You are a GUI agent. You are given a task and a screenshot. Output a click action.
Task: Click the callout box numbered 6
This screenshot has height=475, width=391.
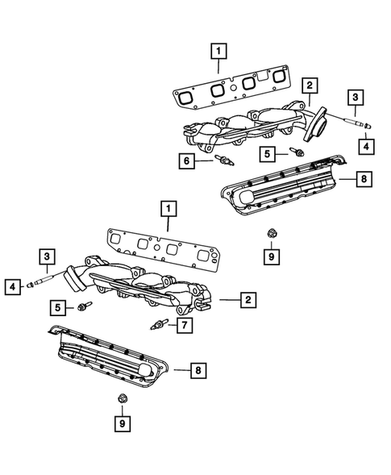pyautogui.click(x=186, y=162)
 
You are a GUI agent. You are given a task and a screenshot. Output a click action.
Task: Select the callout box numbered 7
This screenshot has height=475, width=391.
pyautogui.click(x=185, y=327)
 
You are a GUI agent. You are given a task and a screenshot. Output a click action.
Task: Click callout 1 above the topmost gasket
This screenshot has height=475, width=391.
pyautogui.click(x=216, y=52)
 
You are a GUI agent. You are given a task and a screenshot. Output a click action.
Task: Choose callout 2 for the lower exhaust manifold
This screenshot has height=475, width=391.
pyautogui.click(x=247, y=300)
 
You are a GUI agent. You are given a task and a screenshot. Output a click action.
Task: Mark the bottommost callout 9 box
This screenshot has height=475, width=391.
pyautogui.click(x=122, y=423)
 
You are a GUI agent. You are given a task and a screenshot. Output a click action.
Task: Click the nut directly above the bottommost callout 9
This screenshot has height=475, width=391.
pyautogui.click(x=122, y=398)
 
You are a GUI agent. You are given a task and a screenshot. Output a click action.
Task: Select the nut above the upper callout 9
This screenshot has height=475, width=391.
pyautogui.click(x=271, y=233)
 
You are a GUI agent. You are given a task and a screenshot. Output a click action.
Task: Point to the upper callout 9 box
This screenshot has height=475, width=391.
pyautogui.click(x=271, y=257)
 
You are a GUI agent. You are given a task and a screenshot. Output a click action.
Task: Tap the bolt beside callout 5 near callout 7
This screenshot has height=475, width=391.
pyautogui.click(x=85, y=306)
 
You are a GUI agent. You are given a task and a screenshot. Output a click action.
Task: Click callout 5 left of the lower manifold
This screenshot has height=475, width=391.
pyautogui.click(x=57, y=306)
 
